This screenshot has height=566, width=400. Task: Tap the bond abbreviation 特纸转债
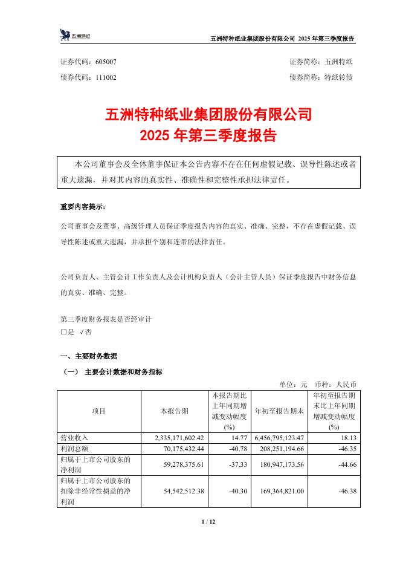(343, 77)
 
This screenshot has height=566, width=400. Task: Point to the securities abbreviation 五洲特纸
(343, 62)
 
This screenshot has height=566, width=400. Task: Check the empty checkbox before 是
(63, 333)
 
